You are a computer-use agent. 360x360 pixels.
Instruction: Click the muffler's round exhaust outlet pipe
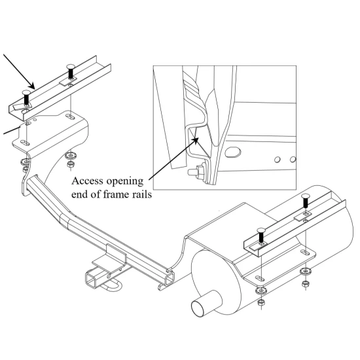click(x=200, y=306)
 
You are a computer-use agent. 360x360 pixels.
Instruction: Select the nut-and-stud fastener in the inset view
click(x=194, y=173)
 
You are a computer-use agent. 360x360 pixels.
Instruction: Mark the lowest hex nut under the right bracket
click(x=261, y=305)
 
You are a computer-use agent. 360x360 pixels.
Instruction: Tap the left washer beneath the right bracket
click(x=261, y=289)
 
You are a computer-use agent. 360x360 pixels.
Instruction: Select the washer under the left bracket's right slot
click(x=70, y=155)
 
